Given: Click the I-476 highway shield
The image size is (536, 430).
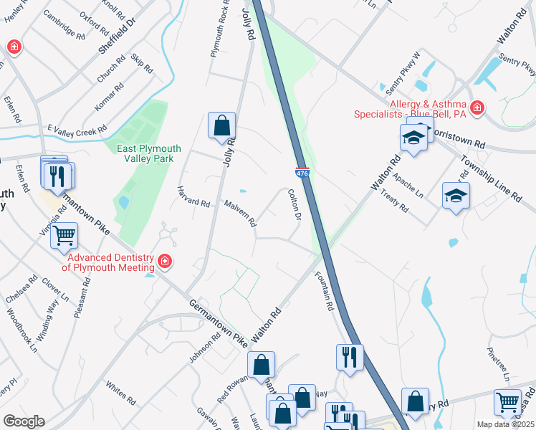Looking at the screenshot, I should pos(302,172).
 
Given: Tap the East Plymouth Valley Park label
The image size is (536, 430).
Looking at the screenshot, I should pos(149,153).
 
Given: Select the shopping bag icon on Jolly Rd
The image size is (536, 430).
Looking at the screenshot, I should pos(222,125).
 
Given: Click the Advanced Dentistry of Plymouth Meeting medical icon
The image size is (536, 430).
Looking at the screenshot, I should pos(165,262).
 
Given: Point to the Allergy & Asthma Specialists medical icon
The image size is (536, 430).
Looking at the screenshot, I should pos(477,108).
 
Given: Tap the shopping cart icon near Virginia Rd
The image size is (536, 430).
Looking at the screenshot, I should pos(64,235).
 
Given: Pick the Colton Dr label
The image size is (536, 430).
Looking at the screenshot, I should pos(294,203).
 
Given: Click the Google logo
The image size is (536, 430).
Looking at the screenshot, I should pos(24,421).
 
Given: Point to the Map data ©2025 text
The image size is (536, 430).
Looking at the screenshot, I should pos(505,424).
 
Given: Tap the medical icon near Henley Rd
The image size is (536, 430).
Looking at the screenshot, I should pos(14,48).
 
